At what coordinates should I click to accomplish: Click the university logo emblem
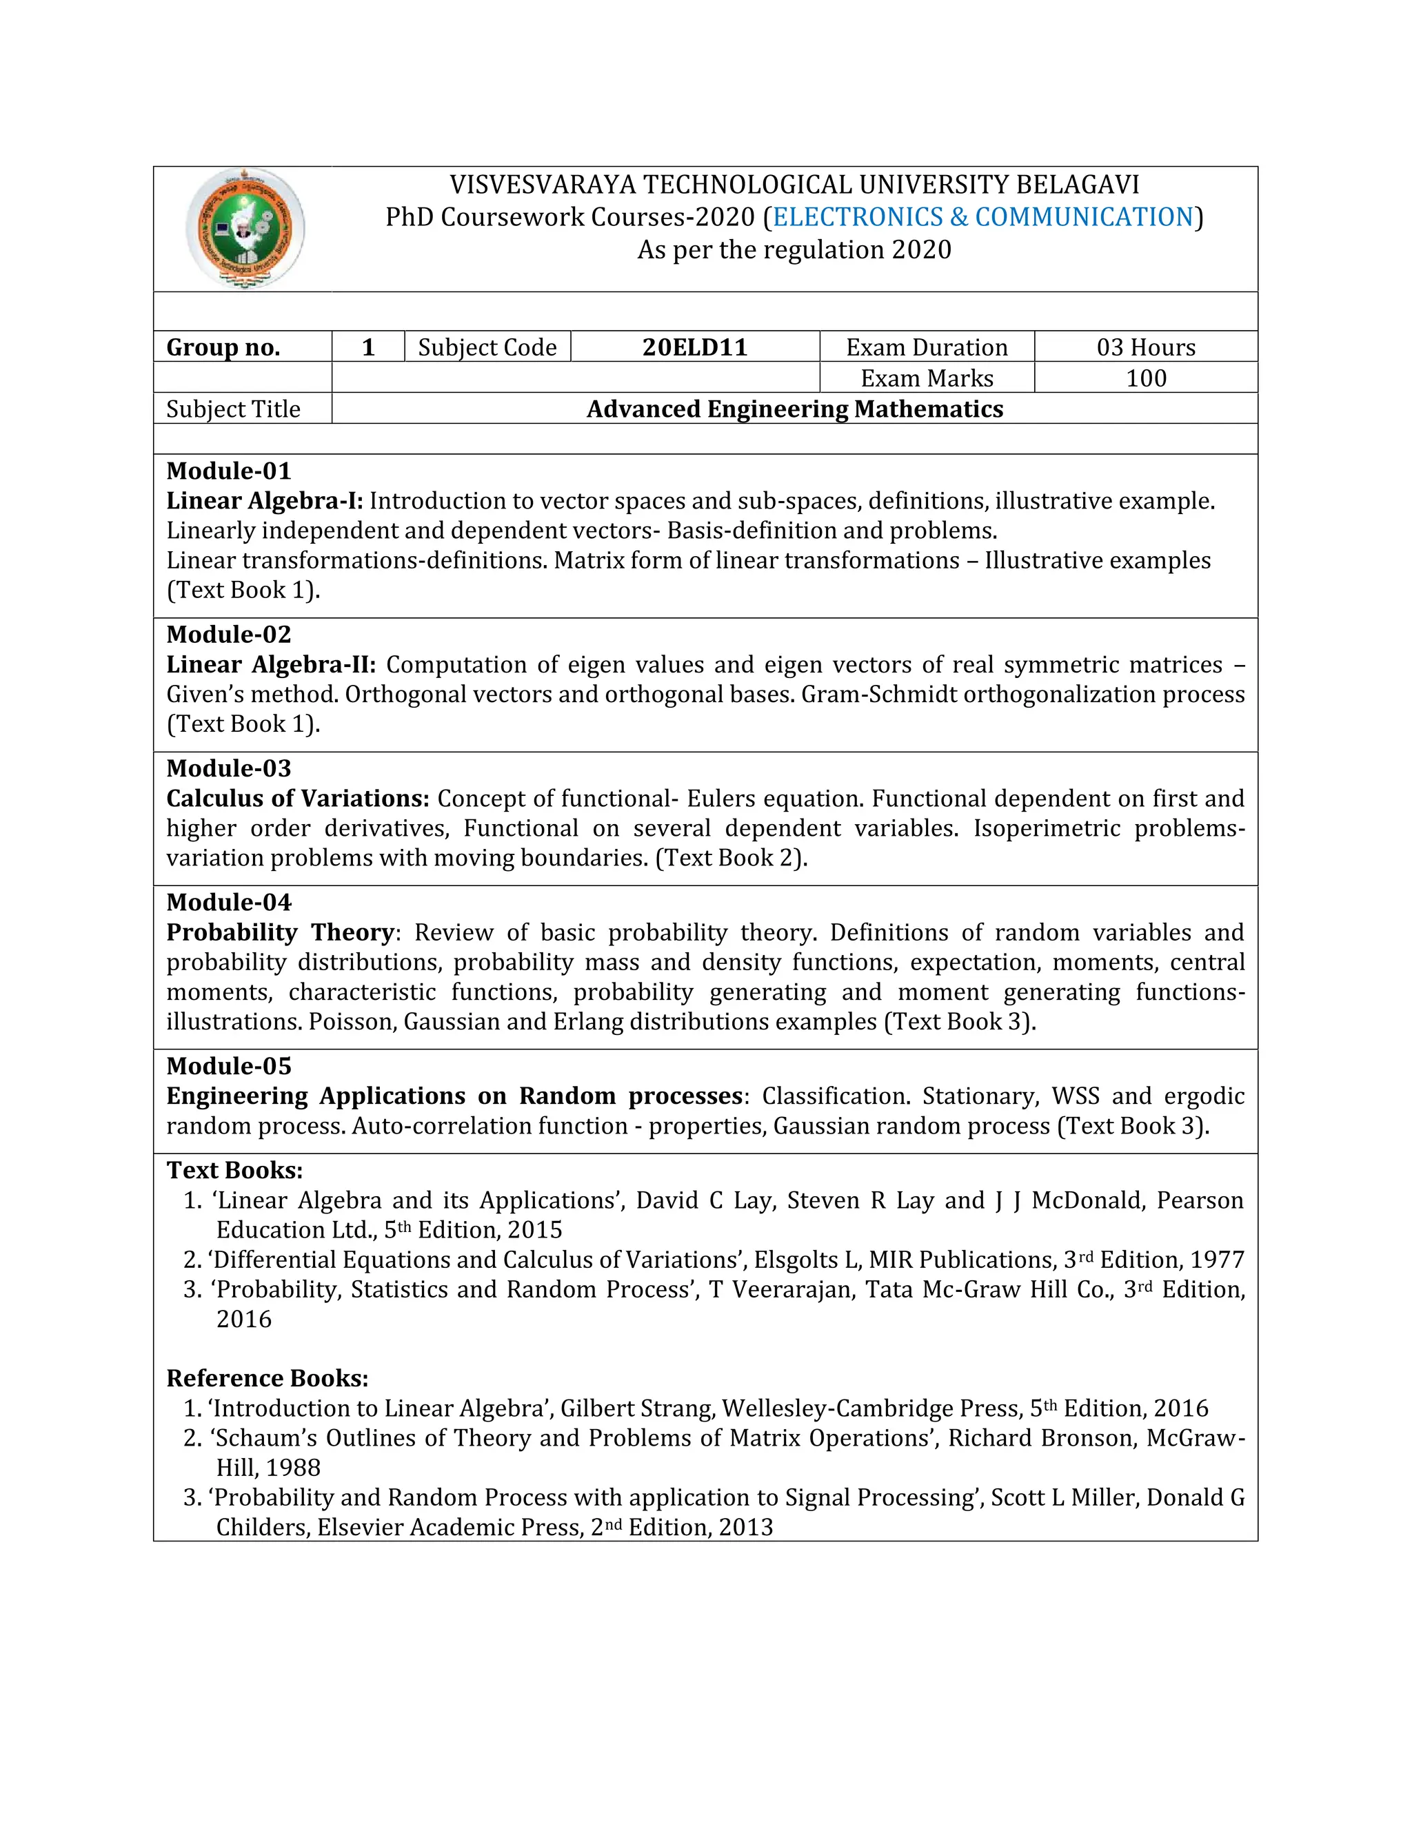coord(244,228)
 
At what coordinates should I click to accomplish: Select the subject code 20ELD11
coord(694,347)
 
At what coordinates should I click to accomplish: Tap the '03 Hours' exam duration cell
coord(1145,347)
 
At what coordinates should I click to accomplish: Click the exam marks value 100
coord(1145,378)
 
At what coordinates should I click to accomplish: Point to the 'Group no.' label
coord(223,347)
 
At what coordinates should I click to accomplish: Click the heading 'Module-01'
coord(228,471)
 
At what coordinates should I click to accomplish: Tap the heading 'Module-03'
coord(228,768)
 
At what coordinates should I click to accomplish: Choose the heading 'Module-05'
coord(228,1066)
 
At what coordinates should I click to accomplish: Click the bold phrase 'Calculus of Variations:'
coord(298,799)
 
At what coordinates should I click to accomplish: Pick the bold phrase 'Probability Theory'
coord(279,932)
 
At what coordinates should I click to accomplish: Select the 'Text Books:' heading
coord(234,1170)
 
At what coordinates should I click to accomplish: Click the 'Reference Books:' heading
coord(267,1378)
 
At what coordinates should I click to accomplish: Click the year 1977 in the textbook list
coord(1217,1259)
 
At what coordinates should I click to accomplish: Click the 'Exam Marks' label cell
coord(926,378)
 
